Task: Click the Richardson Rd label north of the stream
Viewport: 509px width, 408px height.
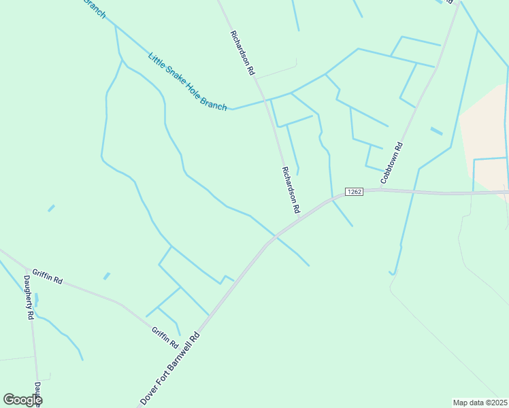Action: point(243,52)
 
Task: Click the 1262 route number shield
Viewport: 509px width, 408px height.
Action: point(354,192)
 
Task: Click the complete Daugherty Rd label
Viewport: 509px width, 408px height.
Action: point(29,297)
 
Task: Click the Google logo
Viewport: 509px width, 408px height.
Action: point(22,400)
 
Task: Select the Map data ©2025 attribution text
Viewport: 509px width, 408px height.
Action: point(480,403)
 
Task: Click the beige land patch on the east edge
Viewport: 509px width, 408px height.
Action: point(486,136)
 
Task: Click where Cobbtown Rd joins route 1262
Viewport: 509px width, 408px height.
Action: point(378,190)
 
